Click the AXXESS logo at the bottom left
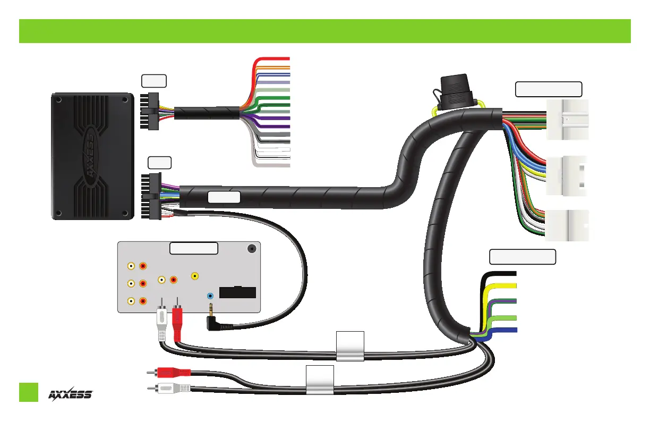click(x=71, y=394)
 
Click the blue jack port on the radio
click(x=211, y=296)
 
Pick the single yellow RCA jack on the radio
click(x=195, y=276)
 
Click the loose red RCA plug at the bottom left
click(x=170, y=373)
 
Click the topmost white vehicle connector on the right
click(x=567, y=120)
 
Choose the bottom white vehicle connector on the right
click(x=567, y=226)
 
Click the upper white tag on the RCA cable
click(x=350, y=346)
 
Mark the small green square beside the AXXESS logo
click(x=29, y=392)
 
